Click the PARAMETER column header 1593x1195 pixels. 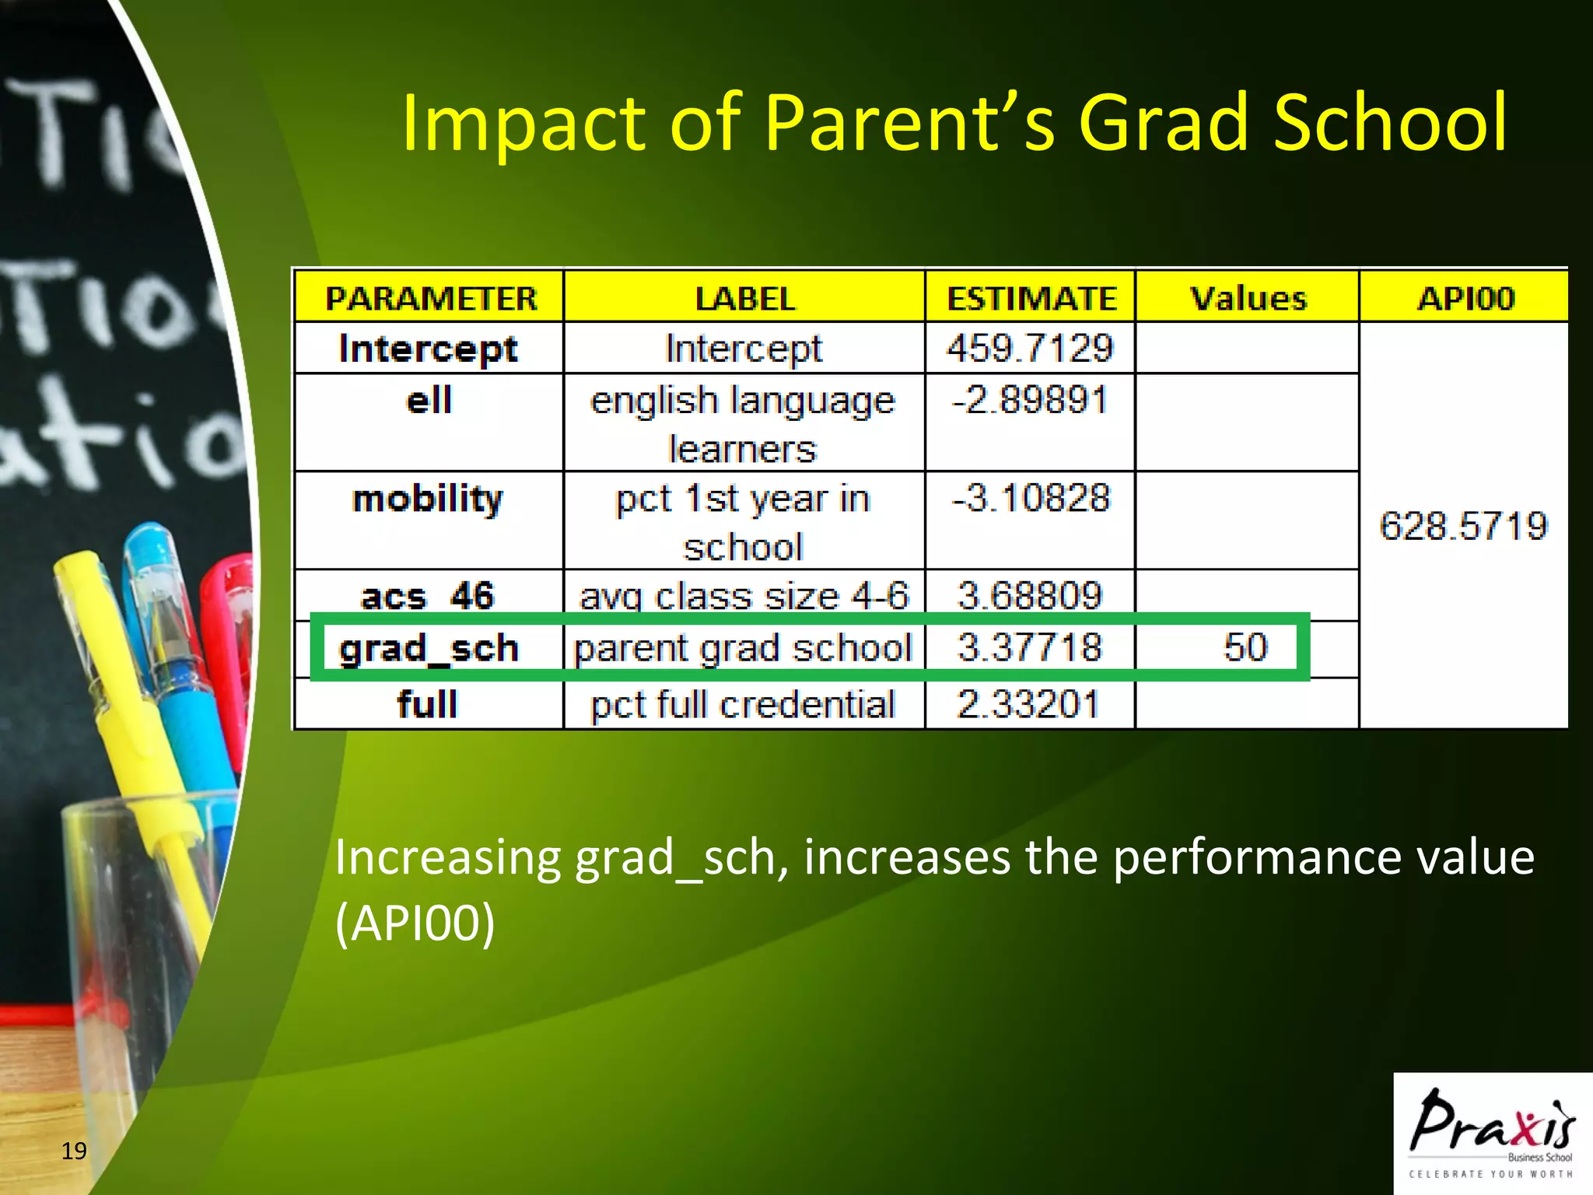click(430, 298)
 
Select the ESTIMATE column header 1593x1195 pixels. click(1031, 298)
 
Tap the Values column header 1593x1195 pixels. click(1248, 298)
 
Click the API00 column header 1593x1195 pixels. click(1465, 298)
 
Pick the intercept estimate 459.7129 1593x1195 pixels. click(1030, 348)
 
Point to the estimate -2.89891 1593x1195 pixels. click(1030, 401)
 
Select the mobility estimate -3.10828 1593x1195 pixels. click(1030, 498)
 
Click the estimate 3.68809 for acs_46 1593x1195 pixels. click(1030, 596)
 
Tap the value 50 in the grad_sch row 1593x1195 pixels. click(1245, 647)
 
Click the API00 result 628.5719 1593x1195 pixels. click(1463, 526)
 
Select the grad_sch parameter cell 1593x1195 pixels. click(429, 648)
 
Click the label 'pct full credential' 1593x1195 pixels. click(743, 705)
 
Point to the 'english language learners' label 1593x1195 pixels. click(743, 424)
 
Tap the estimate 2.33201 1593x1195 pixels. click(1028, 705)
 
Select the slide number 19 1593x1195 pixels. click(74, 1151)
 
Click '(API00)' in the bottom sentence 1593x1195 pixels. click(415, 923)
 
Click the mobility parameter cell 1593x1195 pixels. click(428, 499)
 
